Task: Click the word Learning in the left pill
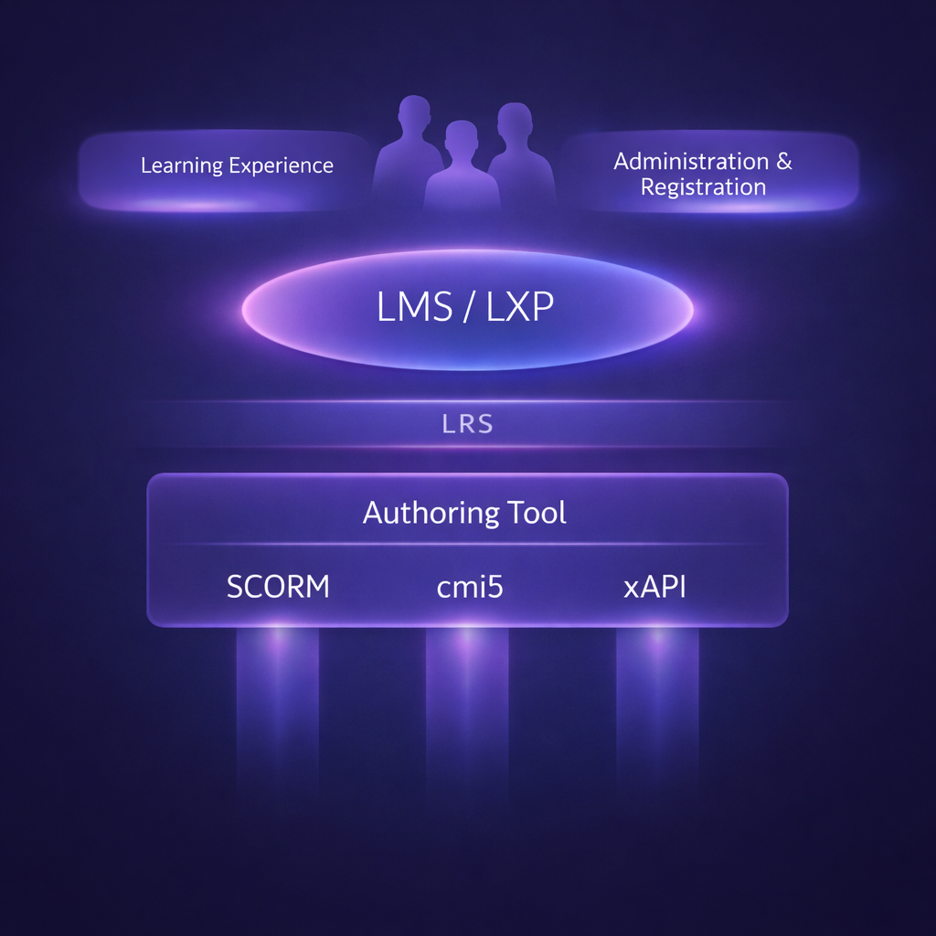182,166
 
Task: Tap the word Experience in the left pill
281,166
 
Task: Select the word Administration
691,161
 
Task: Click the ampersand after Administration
783,161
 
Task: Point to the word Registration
703,187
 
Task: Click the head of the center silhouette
462,138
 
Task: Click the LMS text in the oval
414,307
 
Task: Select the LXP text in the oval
520,307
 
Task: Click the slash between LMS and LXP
469,307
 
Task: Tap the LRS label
467,424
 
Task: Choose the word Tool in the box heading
537,513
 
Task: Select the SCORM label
278,586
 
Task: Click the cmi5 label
470,587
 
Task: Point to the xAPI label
654,586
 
